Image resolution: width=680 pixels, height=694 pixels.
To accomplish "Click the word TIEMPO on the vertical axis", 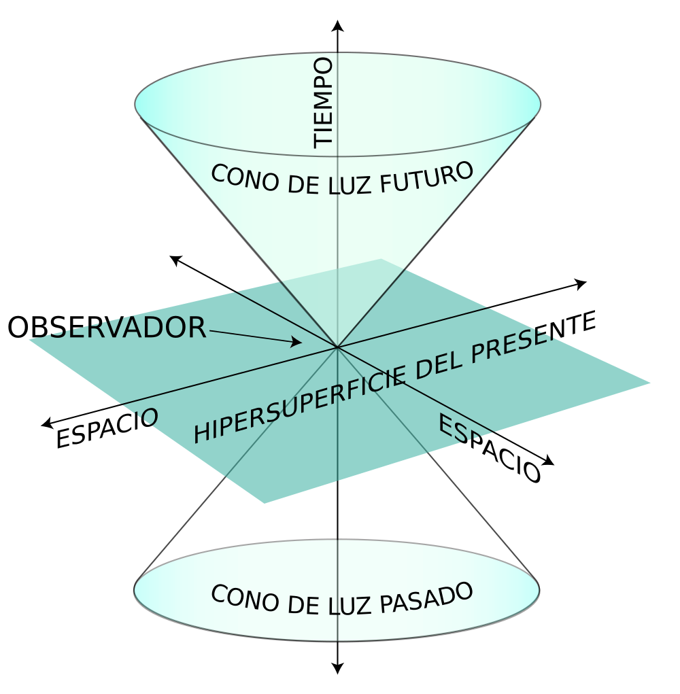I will [x=324, y=103].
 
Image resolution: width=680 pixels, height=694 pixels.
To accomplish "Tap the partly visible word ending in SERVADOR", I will [x=122, y=328].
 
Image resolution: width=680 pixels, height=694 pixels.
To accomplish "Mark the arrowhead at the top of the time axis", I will [x=338, y=26].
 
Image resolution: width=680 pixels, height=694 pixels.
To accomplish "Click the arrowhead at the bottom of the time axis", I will [x=338, y=668].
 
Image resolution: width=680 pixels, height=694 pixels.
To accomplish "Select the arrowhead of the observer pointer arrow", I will [x=296, y=342].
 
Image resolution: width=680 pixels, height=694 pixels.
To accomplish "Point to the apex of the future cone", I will [x=338, y=347].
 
